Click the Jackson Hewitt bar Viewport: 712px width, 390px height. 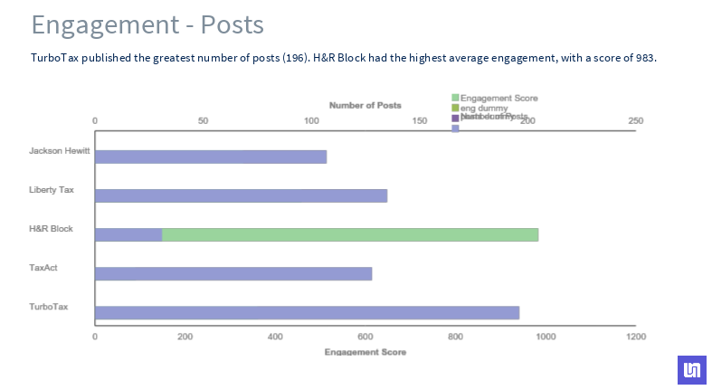pos(211,157)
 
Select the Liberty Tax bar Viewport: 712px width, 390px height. pos(241,195)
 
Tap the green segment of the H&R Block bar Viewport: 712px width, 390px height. pos(350,235)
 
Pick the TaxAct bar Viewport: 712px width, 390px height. pos(233,274)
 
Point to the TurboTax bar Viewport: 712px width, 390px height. pos(307,313)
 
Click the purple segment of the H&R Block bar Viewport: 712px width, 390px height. pos(128,235)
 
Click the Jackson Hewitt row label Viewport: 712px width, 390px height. pos(60,151)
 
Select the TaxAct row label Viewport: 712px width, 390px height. pos(43,268)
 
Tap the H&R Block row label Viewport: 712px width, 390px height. pos(51,229)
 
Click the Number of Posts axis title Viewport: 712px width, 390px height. pos(365,106)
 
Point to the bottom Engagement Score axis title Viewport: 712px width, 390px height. pos(365,351)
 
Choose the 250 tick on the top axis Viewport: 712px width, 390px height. pos(635,120)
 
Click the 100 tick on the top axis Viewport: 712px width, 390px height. pos(311,120)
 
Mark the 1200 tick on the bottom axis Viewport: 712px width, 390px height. pos(635,337)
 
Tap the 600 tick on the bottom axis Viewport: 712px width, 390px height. pos(365,337)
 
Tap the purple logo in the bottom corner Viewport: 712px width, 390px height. pos(691,369)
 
